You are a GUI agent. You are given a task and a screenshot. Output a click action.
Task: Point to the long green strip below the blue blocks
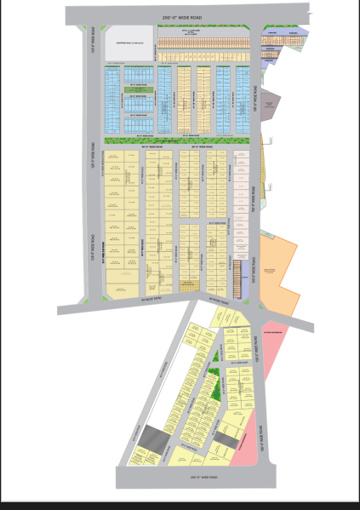pos(180,140)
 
